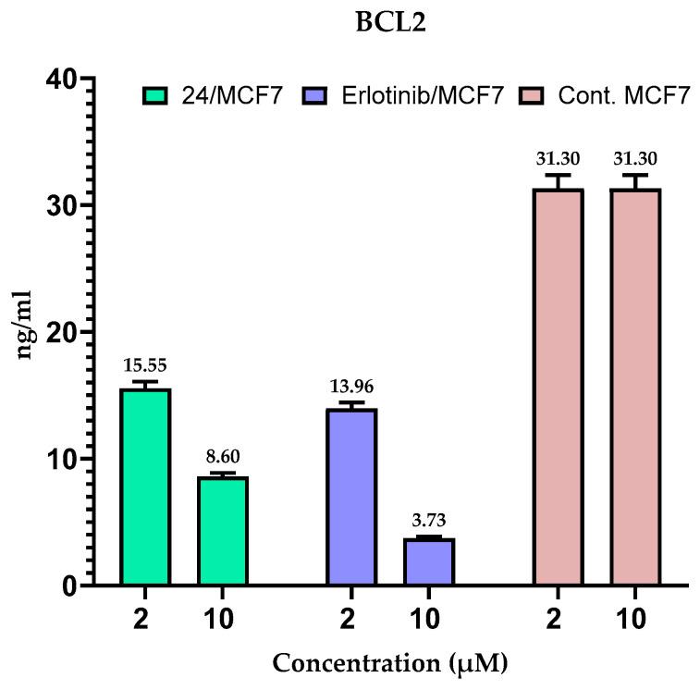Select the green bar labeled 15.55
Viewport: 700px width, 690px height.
point(145,487)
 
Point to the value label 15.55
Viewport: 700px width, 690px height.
point(145,365)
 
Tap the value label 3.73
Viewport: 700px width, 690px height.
point(428,520)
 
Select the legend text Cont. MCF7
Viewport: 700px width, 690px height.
point(624,95)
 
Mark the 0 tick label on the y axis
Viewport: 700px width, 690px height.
point(73,585)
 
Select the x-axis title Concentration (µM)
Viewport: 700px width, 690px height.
point(389,662)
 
